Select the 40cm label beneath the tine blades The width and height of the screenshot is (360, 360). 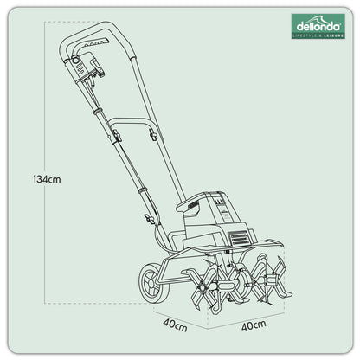(x=254, y=326)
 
